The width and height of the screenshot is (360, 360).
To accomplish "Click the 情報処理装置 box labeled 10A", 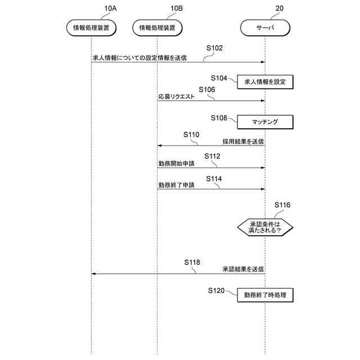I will (91, 27).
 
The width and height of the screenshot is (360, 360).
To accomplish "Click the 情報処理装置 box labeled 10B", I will (157, 27).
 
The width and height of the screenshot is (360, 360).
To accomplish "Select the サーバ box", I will (265, 27).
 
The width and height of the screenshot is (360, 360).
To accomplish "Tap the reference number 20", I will (280, 8).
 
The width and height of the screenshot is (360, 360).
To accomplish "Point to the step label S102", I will (214, 48).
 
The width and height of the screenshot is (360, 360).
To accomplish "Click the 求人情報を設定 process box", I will (265, 82).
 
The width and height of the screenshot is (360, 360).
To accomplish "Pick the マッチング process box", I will (265, 121).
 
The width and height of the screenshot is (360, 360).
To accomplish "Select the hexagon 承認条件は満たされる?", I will (265, 227).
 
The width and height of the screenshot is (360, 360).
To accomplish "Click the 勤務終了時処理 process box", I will (265, 294).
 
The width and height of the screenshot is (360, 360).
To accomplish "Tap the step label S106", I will (207, 89).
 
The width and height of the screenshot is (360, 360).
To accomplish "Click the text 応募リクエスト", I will (177, 97).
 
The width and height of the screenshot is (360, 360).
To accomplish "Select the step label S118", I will (192, 262).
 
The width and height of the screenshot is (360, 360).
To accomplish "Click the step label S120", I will (216, 290).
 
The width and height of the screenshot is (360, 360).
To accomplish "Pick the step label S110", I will (191, 134).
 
